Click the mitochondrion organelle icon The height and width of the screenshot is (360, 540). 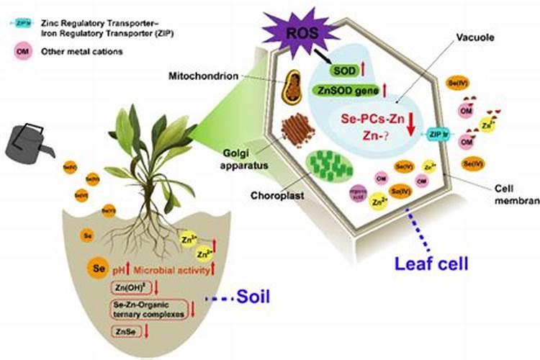(292, 86)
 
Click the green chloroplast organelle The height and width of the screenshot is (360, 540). (330, 166)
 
